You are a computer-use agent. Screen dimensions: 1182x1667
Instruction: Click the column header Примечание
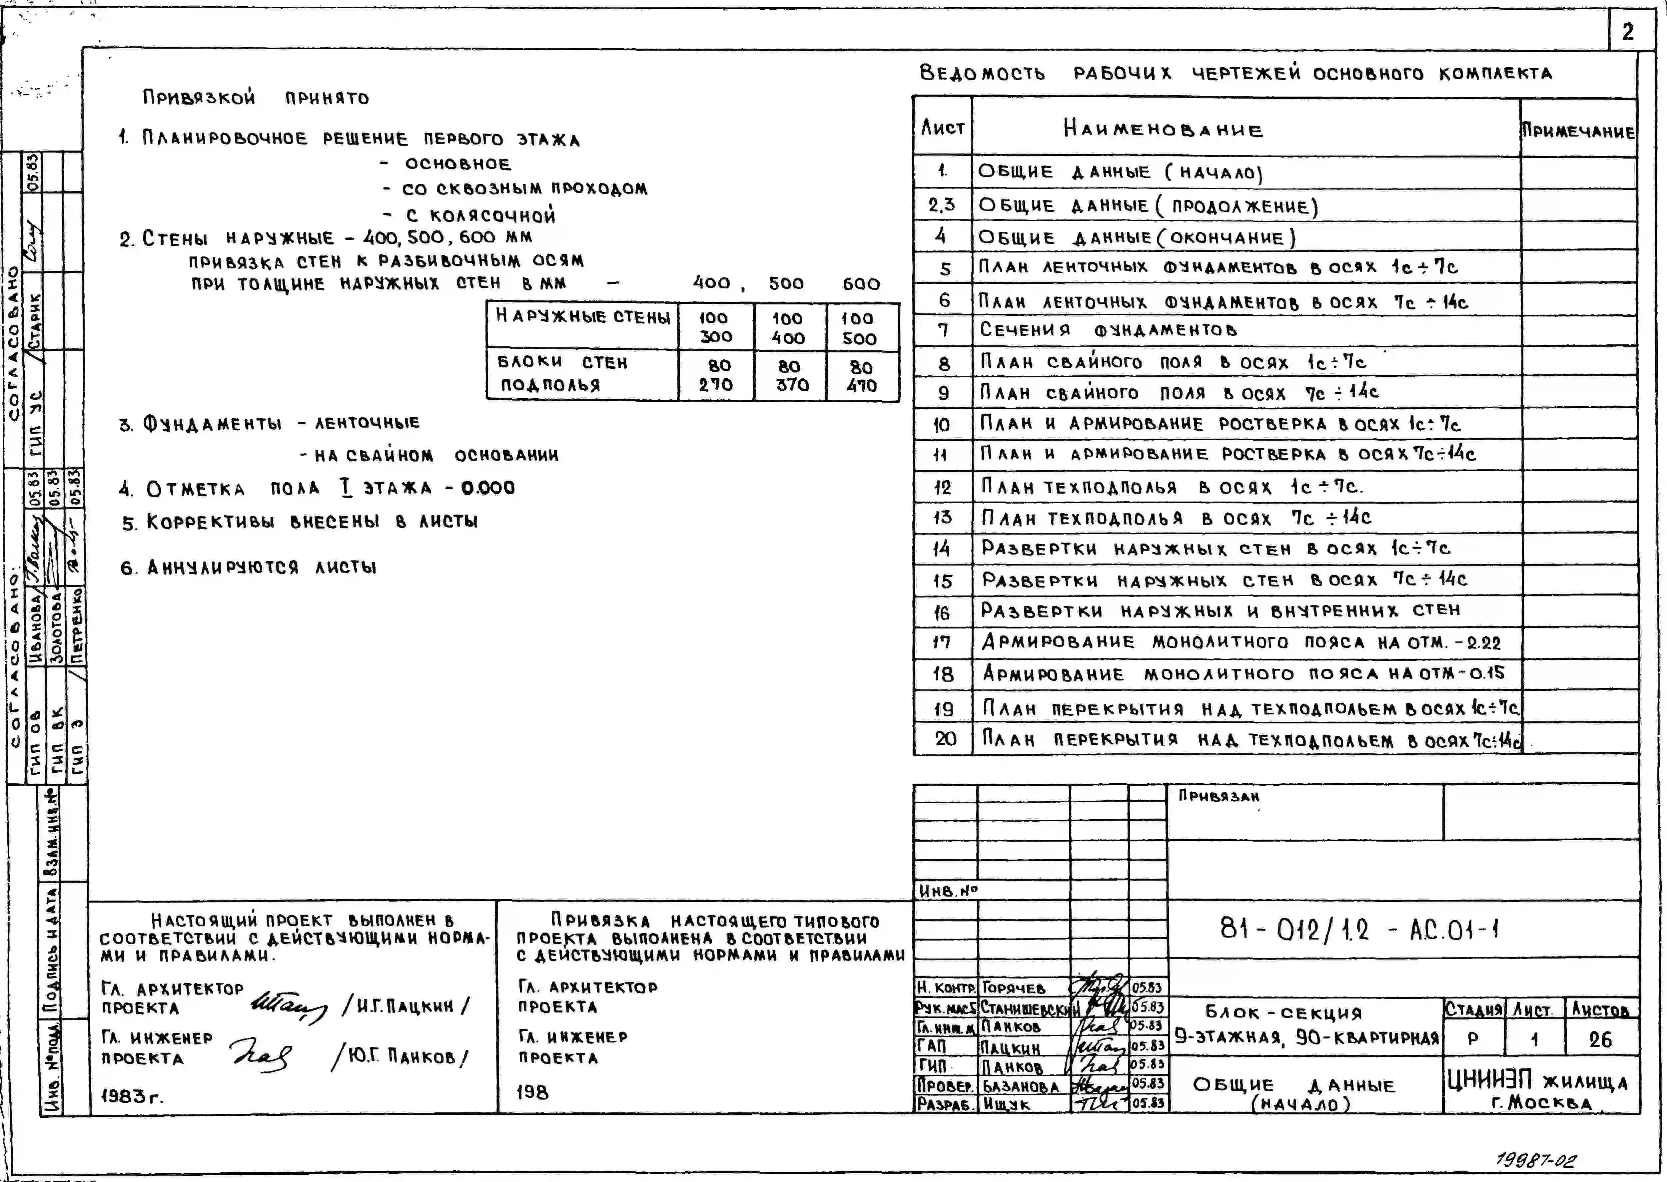[1577, 132]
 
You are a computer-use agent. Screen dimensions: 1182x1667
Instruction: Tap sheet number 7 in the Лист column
[943, 330]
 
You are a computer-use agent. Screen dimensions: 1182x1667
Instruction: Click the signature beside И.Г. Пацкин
[289, 1006]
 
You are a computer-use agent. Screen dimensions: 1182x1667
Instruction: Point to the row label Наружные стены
[582, 317]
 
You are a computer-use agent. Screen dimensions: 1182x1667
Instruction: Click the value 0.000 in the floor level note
[488, 488]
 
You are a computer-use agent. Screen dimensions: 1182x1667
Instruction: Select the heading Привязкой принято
[256, 98]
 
